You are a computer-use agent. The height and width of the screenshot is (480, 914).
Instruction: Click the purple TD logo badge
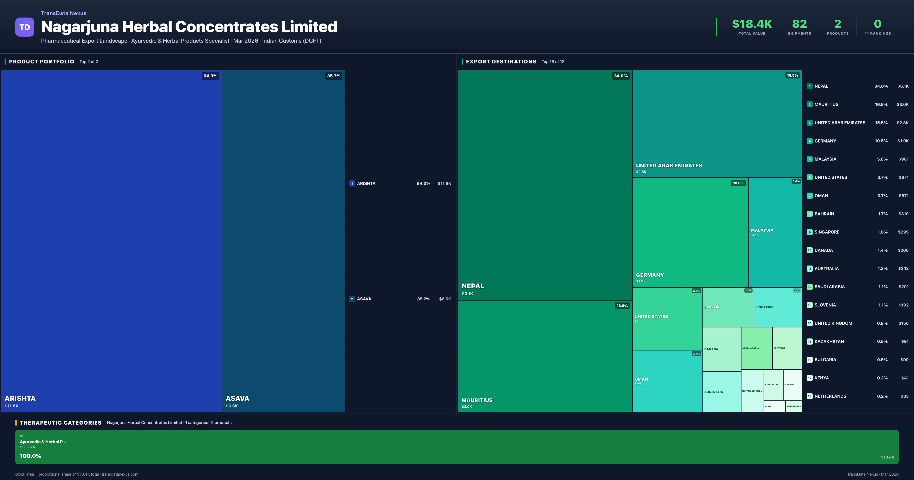click(x=25, y=27)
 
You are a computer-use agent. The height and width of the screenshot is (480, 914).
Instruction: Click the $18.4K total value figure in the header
click(x=752, y=24)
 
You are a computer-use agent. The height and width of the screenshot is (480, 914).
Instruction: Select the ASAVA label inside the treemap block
click(x=237, y=398)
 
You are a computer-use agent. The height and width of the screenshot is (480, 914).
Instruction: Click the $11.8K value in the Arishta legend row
click(x=444, y=184)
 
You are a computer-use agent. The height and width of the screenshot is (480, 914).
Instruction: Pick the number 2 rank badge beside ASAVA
click(x=352, y=299)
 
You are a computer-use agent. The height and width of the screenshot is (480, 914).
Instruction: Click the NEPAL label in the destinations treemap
click(x=473, y=286)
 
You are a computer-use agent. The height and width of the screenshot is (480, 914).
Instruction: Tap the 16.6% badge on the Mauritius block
click(x=622, y=306)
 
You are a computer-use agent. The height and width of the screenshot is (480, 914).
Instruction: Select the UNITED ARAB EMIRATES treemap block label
click(x=669, y=166)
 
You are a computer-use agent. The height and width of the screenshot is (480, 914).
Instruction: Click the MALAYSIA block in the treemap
click(x=775, y=231)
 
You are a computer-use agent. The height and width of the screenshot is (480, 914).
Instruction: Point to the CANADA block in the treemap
click(x=721, y=349)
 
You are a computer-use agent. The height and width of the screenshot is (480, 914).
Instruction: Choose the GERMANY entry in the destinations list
click(x=825, y=141)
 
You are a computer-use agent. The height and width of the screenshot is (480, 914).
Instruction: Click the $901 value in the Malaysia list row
click(x=903, y=159)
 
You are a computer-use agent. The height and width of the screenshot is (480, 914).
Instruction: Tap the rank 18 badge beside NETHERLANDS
click(x=810, y=396)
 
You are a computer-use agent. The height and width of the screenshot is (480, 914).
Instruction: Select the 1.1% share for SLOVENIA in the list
click(x=883, y=305)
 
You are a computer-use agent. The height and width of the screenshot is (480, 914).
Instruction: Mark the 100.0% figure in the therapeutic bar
click(x=30, y=456)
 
